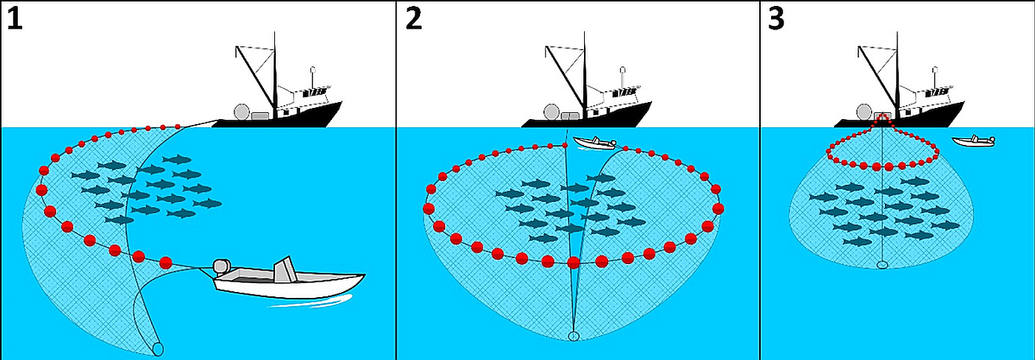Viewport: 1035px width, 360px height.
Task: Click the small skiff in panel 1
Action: pos(288,282)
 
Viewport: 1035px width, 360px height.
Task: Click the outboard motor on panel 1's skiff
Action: pos(222,268)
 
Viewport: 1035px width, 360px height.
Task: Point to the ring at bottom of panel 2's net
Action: pos(574,337)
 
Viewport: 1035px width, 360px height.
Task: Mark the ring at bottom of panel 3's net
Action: pos(881,265)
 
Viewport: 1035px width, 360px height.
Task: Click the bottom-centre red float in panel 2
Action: pos(573,261)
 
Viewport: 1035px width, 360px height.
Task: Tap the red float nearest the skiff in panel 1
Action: pos(166,261)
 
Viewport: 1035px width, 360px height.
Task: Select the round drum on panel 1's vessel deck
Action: pos(240,113)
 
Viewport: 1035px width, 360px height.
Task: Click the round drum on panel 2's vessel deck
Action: pos(550,113)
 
